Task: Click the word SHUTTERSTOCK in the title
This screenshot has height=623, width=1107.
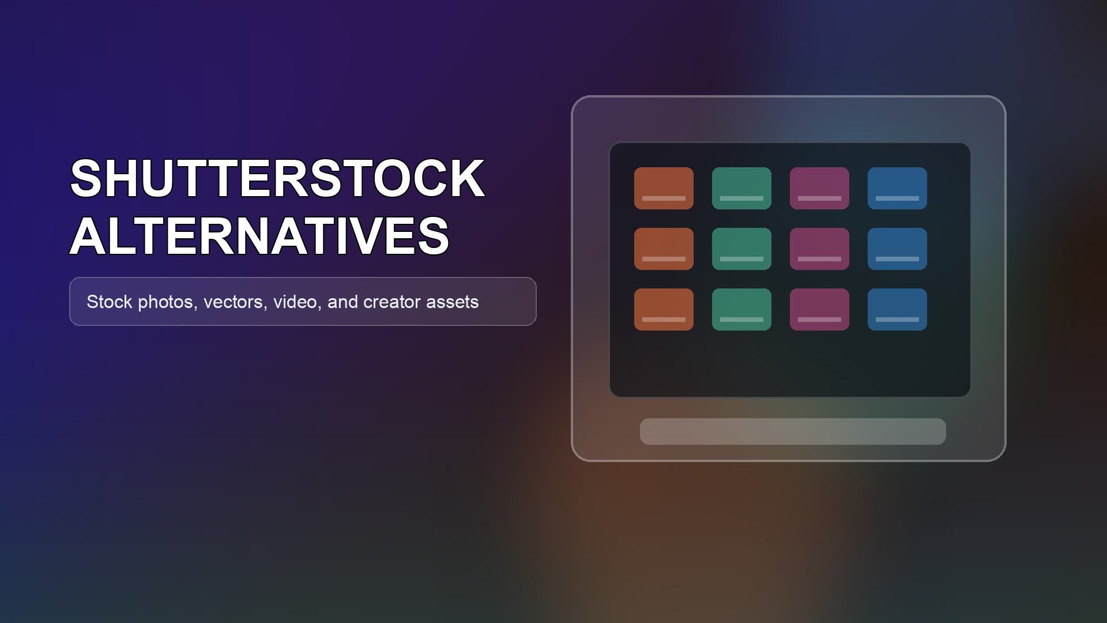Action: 277,178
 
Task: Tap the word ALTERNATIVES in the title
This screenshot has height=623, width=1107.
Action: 259,235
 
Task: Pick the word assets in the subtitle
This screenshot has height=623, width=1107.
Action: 453,302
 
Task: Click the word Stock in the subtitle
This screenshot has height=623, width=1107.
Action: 110,302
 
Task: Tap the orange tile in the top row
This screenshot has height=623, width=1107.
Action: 664,188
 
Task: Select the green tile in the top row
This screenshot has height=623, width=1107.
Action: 741,188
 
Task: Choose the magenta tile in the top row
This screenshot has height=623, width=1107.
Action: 819,188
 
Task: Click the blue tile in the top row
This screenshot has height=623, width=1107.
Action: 897,188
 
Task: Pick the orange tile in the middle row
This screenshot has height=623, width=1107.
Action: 664,249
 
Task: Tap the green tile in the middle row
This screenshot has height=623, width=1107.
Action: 741,249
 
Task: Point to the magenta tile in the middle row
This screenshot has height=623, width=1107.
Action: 819,249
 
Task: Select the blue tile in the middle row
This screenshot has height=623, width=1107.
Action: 897,249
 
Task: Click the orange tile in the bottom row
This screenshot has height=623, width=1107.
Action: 664,309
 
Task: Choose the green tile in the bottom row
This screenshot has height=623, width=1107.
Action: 741,309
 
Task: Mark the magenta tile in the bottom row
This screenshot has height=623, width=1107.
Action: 819,309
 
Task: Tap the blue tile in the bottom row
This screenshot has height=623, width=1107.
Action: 897,309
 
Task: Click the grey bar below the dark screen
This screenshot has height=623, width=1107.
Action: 793,431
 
